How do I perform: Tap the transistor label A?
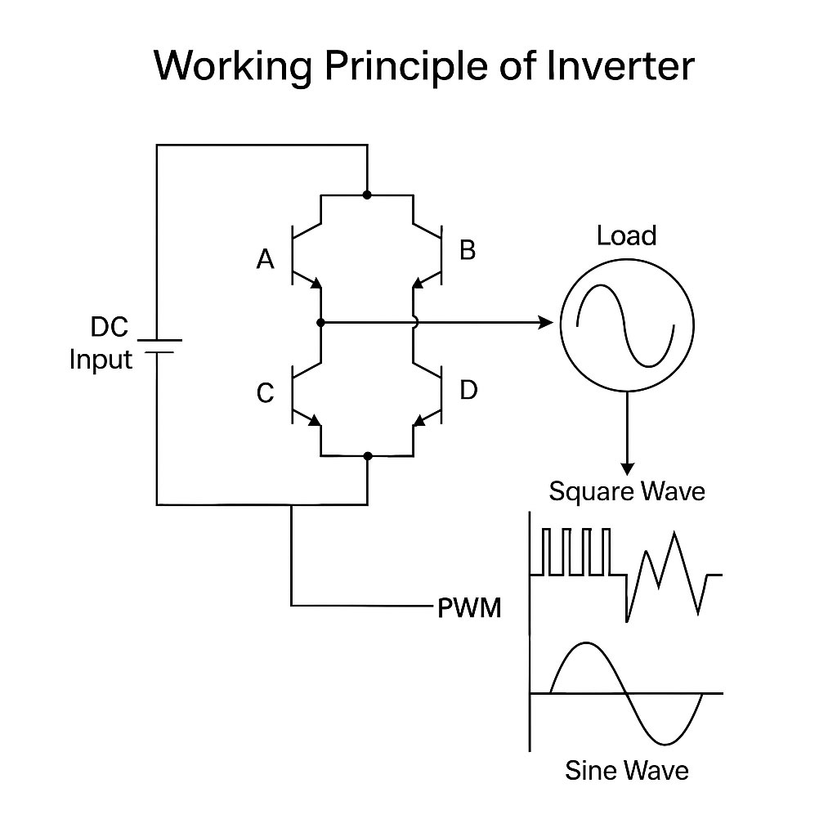(265, 260)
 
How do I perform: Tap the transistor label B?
(468, 250)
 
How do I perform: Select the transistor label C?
(265, 394)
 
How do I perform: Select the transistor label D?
(468, 391)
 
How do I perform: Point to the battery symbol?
(160, 347)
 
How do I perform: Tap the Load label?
(626, 236)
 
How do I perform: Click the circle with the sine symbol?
(626, 324)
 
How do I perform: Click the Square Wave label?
(626, 491)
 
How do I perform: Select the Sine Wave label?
(626, 770)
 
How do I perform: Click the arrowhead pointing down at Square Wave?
(627, 468)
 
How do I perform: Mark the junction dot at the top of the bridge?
(367, 195)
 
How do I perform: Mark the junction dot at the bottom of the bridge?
(368, 455)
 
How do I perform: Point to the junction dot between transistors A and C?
(321, 323)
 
